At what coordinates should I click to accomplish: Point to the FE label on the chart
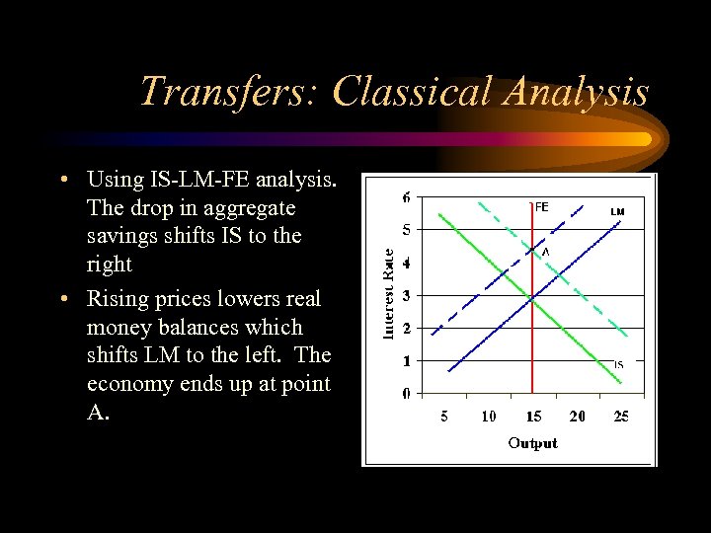coord(541,207)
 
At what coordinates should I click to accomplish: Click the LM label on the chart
coord(617,211)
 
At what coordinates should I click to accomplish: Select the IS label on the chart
coord(618,364)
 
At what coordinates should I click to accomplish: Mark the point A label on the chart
coord(544,252)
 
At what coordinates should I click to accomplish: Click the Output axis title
coord(532,443)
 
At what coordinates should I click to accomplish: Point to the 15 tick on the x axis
coord(532,417)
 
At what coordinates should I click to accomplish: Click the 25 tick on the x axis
coord(620,417)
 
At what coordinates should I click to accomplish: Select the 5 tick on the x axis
coord(444,417)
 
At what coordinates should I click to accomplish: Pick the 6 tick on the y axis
coord(407,197)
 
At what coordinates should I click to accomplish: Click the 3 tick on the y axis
coord(407,295)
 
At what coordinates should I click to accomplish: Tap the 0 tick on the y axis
coord(407,394)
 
